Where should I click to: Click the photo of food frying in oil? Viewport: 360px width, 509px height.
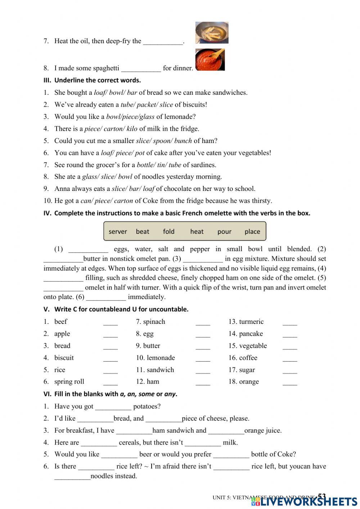coord(212,32)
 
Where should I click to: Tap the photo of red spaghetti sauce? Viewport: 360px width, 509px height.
coord(210,60)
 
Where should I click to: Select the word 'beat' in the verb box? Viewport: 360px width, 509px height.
coord(143,232)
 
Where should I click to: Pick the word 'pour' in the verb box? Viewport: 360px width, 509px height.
coord(224,232)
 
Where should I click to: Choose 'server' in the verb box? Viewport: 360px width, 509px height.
coord(118,232)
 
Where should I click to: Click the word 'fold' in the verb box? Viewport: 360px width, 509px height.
coord(168,232)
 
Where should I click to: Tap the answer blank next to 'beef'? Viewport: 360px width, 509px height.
coord(110,322)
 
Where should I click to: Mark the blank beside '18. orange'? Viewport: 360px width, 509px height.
coord(290,383)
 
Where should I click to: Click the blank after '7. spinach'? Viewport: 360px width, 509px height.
coord(203,322)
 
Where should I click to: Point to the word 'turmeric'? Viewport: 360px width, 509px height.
coord(251,322)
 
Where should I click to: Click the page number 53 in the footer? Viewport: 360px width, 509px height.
coord(321,496)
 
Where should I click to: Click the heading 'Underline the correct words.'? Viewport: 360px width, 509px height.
coord(97,80)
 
